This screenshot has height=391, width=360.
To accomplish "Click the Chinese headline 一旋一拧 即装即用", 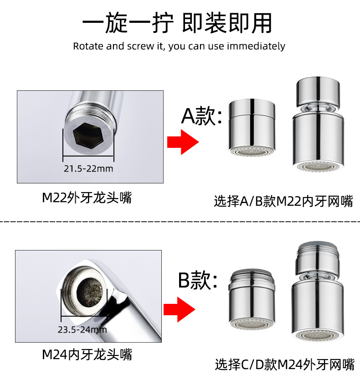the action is point(177,23).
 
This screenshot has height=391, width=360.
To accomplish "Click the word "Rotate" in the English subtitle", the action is point(88,46).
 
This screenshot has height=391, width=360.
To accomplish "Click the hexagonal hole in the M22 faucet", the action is point(88,135).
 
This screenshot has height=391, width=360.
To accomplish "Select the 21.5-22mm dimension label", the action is point(88,168).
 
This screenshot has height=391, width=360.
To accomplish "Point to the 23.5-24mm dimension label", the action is point(82,330).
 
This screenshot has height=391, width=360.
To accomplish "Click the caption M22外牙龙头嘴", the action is point(87,198).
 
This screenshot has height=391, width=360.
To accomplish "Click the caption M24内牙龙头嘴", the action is point(87,355).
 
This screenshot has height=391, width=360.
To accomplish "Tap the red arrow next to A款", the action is point(183,142).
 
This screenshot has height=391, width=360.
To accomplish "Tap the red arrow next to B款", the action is point(180,309).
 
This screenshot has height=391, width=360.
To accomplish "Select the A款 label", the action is point(201,115).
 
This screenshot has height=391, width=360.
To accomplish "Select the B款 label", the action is point(198,280).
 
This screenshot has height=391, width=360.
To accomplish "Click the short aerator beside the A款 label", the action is point(252,127).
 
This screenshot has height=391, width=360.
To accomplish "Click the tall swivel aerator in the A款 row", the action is point(318,124).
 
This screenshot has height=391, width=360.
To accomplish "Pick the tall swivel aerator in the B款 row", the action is point(318,291).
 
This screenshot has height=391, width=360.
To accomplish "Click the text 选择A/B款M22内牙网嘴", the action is point(283,201).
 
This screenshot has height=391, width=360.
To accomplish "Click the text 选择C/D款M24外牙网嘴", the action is point(284,365).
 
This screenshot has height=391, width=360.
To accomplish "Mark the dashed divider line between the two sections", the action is point(180,221).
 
